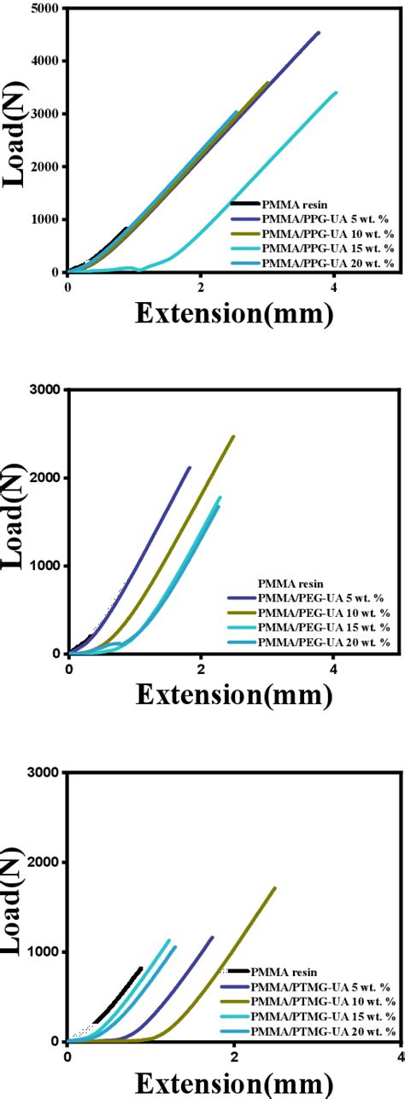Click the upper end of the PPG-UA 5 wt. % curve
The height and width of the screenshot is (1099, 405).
click(x=319, y=32)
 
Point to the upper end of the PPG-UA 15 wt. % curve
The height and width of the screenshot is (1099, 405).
click(x=336, y=92)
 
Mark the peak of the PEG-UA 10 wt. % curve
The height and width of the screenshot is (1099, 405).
click(x=233, y=436)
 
